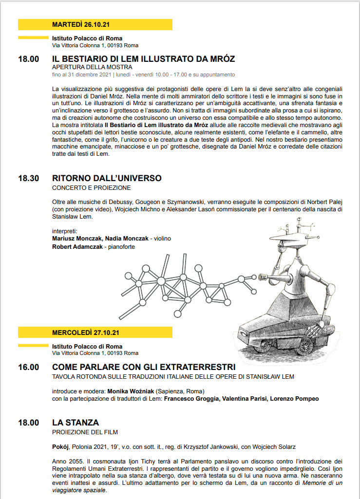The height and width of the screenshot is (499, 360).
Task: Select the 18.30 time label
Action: (x=28, y=179)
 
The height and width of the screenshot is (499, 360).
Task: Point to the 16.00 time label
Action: (x=28, y=367)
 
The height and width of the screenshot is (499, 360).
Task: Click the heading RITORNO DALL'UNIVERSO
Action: (x=107, y=179)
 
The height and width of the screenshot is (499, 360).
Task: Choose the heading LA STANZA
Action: (x=76, y=423)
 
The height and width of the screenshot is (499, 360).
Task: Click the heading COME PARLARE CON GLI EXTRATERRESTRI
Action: (x=144, y=367)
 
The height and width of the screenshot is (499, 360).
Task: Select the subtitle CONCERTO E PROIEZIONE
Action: (x=92, y=187)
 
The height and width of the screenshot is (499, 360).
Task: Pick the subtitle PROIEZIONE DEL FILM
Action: (x=85, y=431)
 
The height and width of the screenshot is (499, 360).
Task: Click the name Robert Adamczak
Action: (x=77, y=247)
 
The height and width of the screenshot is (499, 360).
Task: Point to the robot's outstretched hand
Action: (x=263, y=278)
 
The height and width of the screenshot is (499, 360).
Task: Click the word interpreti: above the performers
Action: (x=65, y=230)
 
